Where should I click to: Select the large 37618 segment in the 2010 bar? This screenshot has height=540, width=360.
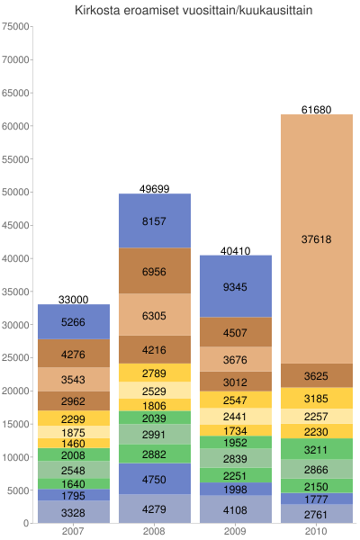[316, 238]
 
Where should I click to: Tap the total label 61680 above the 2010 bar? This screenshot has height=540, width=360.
[316, 110]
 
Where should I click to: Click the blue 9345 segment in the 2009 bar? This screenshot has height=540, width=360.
[235, 286]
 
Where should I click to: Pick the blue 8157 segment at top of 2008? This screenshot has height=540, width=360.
[154, 220]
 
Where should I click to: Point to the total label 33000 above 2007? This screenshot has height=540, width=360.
[73, 299]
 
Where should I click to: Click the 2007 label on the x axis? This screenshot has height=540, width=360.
[73, 532]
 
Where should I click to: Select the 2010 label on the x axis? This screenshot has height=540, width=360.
[316, 532]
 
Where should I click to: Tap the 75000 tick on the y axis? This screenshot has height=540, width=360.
[16, 26]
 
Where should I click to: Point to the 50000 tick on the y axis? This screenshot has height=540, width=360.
[16, 192]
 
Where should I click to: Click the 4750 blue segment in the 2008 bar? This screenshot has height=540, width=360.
[154, 479]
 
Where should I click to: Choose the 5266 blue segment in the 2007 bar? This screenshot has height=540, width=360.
[73, 322]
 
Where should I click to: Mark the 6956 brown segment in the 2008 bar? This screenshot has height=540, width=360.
[154, 271]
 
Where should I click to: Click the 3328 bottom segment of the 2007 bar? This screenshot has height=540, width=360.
[73, 512]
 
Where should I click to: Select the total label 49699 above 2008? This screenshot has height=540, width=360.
[154, 189]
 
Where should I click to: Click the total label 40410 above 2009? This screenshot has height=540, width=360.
[235, 250]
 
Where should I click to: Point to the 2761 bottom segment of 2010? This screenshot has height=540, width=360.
[316, 514]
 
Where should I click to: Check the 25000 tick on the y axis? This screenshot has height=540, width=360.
[16, 357]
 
